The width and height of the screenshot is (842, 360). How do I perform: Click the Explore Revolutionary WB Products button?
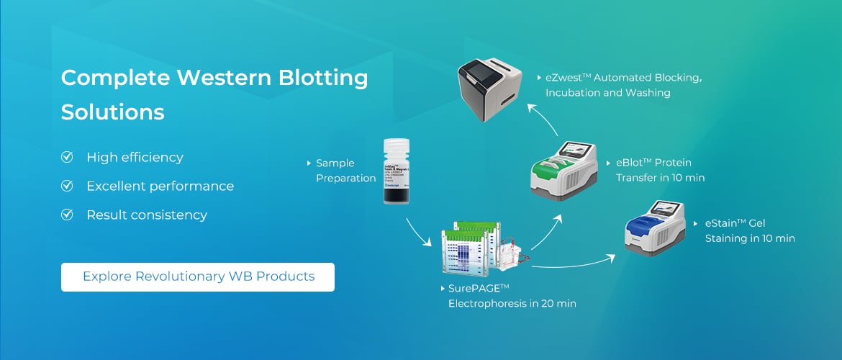click(x=198, y=276)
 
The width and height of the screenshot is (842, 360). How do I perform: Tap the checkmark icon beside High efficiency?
click(x=68, y=157)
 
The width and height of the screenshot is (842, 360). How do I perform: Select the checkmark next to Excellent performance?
click(x=68, y=186)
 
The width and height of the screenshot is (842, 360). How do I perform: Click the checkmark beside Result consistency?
click(x=68, y=215)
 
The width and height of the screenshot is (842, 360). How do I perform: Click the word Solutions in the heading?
click(x=112, y=112)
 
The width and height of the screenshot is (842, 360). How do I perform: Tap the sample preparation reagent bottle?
click(x=397, y=172)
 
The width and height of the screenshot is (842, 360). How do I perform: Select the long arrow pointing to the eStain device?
click(x=576, y=261)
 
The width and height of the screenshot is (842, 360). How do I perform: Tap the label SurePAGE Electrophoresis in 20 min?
click(x=511, y=296)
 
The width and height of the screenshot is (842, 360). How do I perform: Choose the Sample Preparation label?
click(x=345, y=171)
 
